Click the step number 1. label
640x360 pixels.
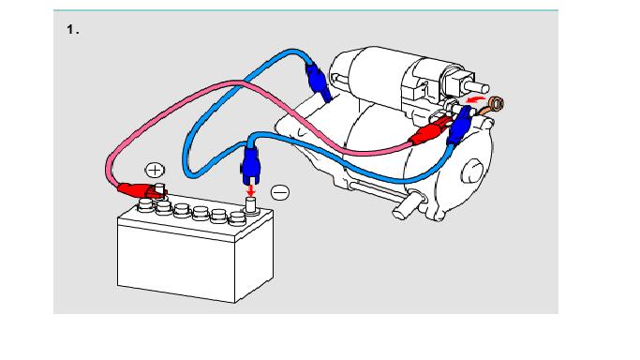(x=73, y=30)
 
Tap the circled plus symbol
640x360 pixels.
(x=155, y=170)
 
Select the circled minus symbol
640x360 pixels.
(x=280, y=192)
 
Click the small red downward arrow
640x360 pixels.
(x=251, y=190)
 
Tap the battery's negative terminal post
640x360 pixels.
(x=250, y=205)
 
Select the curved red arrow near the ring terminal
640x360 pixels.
(x=476, y=98)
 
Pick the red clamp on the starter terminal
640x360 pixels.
(x=429, y=131)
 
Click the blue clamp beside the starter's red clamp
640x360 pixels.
(x=459, y=126)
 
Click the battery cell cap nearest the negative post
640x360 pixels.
(x=237, y=218)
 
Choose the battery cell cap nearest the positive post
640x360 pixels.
(x=163, y=207)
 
